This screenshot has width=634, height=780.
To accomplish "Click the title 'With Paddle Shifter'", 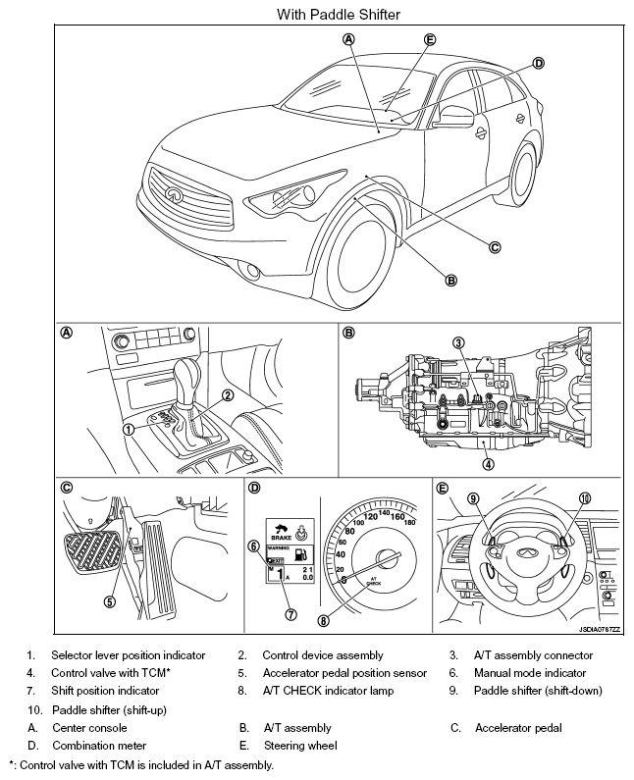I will [317, 15].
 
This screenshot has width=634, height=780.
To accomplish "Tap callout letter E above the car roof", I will [430, 39].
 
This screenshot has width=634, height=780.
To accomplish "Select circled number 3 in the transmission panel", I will [458, 341].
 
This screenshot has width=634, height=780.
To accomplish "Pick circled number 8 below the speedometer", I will [324, 620].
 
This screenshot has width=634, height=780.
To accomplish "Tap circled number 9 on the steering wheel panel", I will [473, 498].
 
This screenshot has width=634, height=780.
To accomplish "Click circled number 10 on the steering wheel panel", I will [585, 498].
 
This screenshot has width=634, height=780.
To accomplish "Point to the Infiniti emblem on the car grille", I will [175, 194].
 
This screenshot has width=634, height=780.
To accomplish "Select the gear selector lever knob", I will [188, 374].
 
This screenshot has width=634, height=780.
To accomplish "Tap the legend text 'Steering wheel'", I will [300, 746].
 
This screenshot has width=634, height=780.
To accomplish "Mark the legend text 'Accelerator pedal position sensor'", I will [344, 673].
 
